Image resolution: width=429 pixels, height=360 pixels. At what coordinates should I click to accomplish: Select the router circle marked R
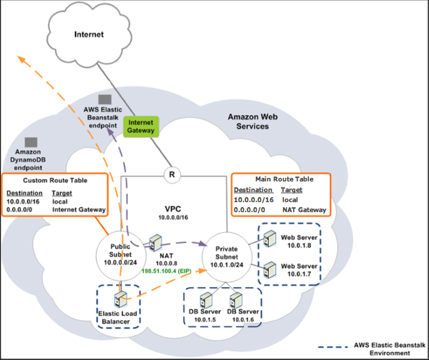point(171,174)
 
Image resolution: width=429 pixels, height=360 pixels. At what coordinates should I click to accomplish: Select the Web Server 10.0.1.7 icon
point(270,270)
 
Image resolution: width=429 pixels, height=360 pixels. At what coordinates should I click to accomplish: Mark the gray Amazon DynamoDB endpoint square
point(31,143)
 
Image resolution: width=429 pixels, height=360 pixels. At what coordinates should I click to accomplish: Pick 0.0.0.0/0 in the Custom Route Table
point(23,210)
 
